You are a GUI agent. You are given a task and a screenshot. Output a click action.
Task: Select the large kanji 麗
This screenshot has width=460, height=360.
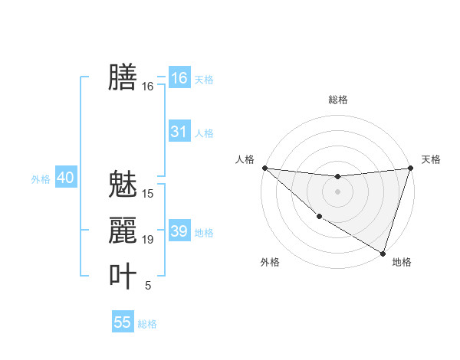123,230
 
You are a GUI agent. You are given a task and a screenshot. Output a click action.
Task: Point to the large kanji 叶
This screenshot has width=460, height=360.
123,277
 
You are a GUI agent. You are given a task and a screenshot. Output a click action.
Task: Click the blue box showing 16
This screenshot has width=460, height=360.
179,78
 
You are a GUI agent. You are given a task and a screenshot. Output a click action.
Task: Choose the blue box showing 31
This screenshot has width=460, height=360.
179,132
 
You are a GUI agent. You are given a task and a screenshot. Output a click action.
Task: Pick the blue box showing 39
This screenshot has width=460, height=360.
179,231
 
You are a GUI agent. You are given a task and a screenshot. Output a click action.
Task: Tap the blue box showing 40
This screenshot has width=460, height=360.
65,178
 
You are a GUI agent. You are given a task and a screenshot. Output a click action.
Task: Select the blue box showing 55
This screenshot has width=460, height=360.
123,322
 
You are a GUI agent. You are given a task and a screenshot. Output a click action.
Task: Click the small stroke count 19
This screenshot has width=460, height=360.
148,240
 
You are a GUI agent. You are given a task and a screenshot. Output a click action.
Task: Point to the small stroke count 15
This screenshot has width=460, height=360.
148,193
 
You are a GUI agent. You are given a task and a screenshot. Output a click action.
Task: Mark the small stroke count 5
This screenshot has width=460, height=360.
148,286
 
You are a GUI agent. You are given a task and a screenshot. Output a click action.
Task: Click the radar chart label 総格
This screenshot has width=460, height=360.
337,100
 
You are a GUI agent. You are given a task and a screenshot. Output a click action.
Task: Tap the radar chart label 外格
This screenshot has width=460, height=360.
270,262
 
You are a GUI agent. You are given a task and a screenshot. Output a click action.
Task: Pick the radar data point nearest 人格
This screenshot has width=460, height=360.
264,168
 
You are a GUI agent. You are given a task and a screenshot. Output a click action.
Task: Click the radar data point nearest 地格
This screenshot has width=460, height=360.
383,253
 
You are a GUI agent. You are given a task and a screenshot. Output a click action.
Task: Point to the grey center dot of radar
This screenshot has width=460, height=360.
337,191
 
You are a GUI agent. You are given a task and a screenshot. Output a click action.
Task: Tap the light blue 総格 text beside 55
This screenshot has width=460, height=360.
147,324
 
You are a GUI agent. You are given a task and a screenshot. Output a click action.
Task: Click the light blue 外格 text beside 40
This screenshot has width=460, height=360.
41,179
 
